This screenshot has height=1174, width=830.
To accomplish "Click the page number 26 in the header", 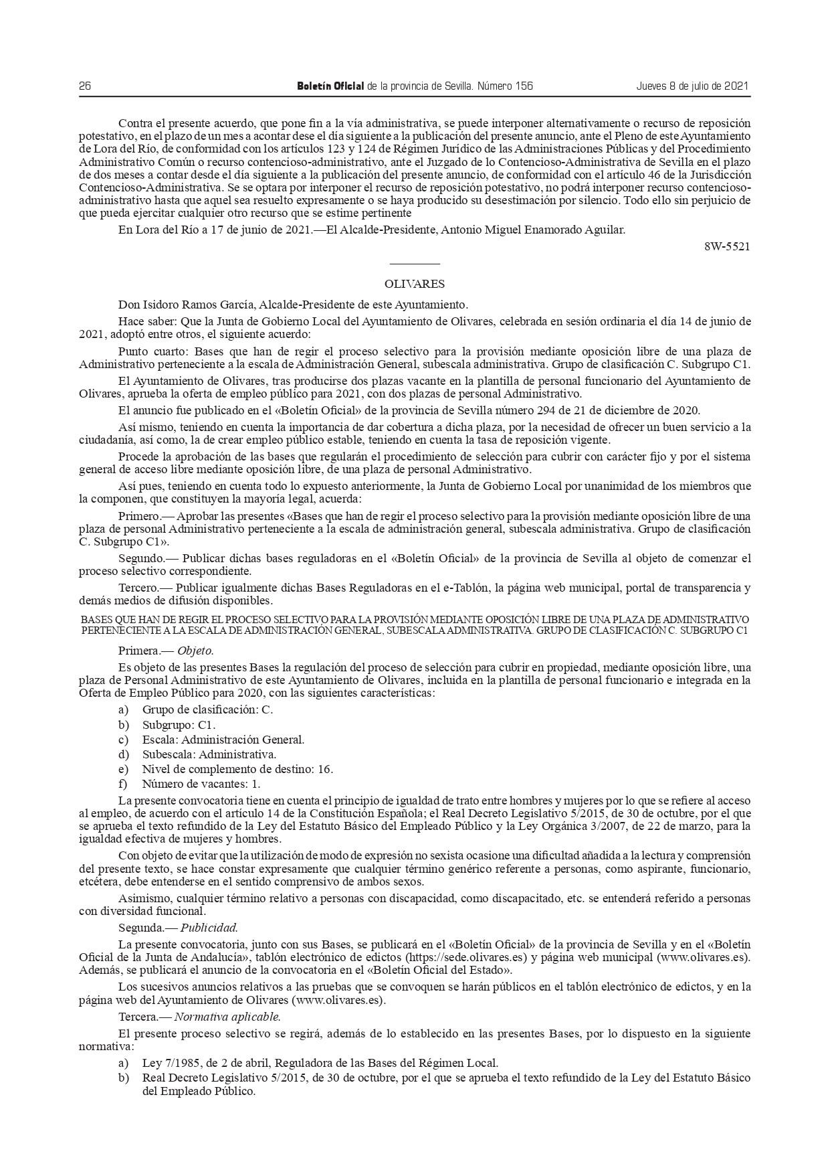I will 85,86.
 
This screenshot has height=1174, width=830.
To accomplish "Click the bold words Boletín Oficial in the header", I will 330,86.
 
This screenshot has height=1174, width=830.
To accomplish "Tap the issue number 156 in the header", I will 524,86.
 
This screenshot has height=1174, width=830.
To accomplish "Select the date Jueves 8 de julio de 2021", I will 692,86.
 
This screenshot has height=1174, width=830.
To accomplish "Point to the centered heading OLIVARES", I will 415,284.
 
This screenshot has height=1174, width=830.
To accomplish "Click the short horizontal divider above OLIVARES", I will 415,264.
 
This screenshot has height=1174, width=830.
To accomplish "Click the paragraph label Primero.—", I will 142,516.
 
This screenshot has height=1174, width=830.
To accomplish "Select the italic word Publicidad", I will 208,928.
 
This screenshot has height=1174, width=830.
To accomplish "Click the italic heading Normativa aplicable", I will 228,1016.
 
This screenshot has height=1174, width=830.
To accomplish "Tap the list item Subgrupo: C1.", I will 179,725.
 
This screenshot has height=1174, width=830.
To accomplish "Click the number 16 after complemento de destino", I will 325,769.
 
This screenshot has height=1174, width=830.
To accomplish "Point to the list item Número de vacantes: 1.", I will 201,784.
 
